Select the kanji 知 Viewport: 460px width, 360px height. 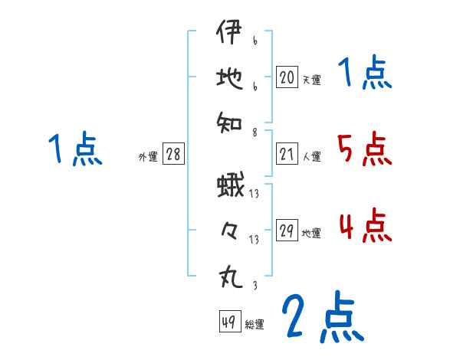[x=229, y=120]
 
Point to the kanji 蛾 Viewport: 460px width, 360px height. [x=230, y=187]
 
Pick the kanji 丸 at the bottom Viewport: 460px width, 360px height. [x=229, y=273]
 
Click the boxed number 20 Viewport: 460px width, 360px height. [x=287, y=77]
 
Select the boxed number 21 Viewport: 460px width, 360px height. [x=287, y=155]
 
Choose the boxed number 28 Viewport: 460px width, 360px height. [x=172, y=155]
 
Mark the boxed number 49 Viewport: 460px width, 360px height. [x=228, y=322]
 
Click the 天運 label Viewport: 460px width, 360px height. [x=311, y=79]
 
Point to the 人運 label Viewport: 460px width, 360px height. [x=311, y=157]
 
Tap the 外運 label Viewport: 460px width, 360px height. [x=147, y=157]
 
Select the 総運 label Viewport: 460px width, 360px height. [x=255, y=324]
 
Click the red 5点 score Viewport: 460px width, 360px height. [x=364, y=149]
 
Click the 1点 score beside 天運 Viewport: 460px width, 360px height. [x=364, y=74]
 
